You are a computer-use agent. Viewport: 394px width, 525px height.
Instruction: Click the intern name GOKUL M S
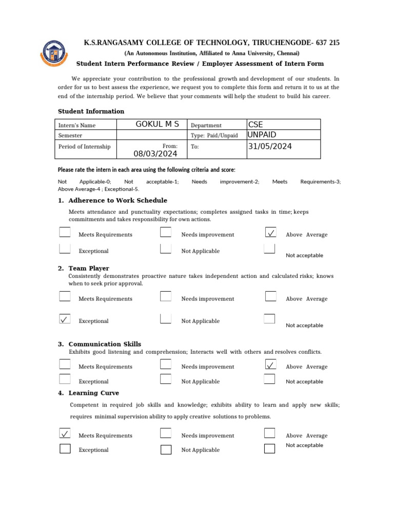coord(157,125)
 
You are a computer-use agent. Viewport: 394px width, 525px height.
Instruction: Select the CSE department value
coord(255,125)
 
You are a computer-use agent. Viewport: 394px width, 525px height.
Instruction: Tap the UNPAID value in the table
coord(262,134)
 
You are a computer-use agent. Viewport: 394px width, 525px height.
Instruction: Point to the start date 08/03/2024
coord(155,154)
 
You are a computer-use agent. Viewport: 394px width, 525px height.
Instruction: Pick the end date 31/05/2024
coord(269,146)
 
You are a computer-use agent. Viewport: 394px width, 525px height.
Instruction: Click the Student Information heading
coord(91,111)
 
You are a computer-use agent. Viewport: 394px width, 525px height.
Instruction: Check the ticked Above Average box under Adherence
coord(270,233)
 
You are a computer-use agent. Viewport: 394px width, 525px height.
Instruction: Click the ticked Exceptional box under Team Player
coord(65,319)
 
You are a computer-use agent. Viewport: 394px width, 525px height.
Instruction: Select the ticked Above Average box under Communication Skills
coord(270,365)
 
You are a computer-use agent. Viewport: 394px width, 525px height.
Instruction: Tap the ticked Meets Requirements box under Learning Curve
coord(65,434)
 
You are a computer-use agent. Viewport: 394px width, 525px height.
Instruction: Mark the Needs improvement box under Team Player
coord(165,296)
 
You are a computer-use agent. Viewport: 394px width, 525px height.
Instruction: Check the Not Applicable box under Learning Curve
coord(166,450)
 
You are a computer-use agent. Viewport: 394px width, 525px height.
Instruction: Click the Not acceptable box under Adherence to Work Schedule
coord(269,249)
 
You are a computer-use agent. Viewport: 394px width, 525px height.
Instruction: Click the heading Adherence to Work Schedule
coord(117,200)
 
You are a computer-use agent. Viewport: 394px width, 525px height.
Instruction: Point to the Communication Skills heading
coord(105,344)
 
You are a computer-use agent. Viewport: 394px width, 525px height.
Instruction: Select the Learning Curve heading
coord(93,393)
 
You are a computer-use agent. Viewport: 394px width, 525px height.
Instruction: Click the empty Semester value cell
coord(152,135)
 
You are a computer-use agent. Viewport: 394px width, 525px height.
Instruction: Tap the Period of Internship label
coord(85,147)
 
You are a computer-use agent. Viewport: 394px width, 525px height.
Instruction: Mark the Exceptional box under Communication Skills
coord(65,379)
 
